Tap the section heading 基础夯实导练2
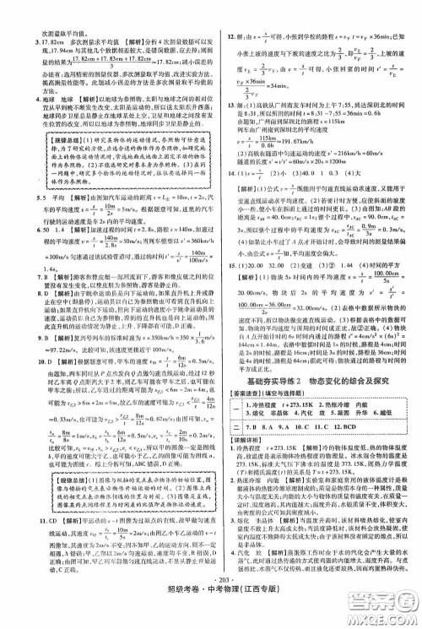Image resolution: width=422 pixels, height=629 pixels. [x=277, y=357]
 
